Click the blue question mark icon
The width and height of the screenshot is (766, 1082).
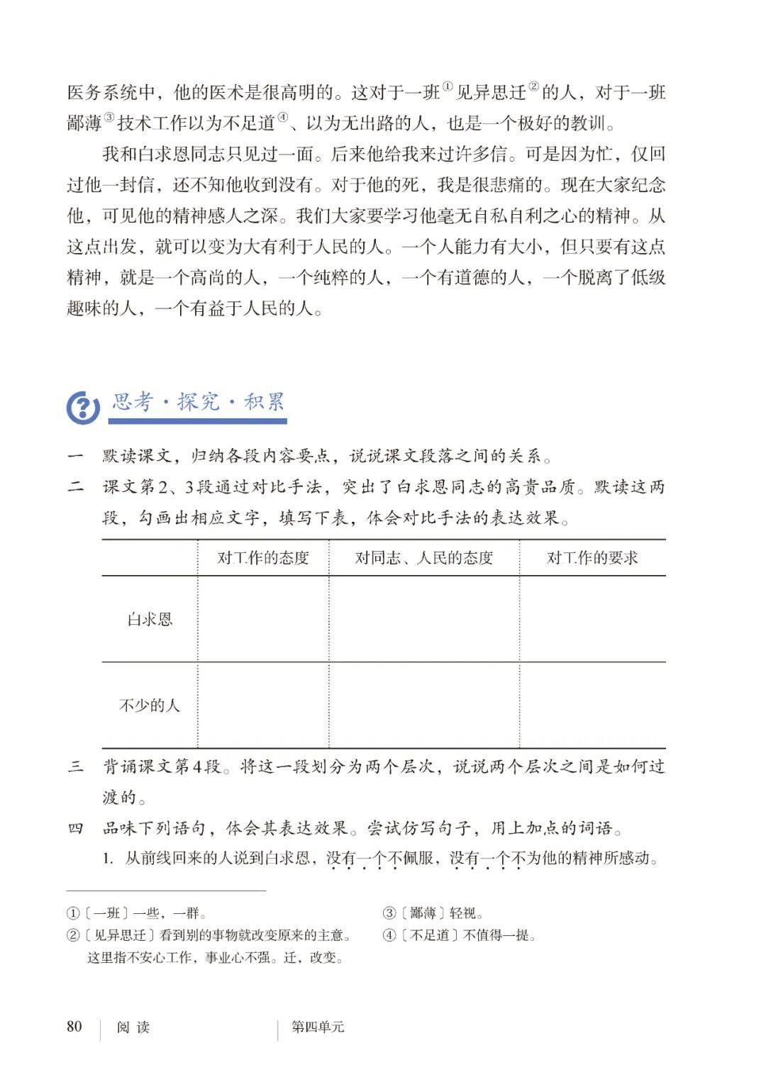pos(83,407)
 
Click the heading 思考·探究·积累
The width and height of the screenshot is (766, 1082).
pos(198,403)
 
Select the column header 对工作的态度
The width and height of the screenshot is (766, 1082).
pos(263,558)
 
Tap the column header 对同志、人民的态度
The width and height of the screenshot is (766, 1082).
pos(423,558)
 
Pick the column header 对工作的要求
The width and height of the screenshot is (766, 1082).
pos(592,558)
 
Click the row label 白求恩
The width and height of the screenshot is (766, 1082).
pos(150,619)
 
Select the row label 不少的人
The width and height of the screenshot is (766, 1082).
pos(150,705)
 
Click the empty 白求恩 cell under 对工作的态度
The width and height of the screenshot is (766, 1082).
pos(263,619)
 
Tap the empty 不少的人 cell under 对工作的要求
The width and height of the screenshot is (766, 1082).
pos(592,705)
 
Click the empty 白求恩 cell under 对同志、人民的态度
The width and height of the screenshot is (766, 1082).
pos(423,619)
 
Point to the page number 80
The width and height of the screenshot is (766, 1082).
pos(74,1027)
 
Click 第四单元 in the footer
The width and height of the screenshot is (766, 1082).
pos(318,1027)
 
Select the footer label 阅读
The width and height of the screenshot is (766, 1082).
pos(133,1027)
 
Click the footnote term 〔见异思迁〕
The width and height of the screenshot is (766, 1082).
pos(120,935)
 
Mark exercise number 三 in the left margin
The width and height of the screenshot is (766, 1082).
pos(75,766)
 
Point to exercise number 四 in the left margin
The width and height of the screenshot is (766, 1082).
pos(75,828)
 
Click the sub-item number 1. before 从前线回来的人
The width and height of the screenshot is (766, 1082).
pos(108,859)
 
